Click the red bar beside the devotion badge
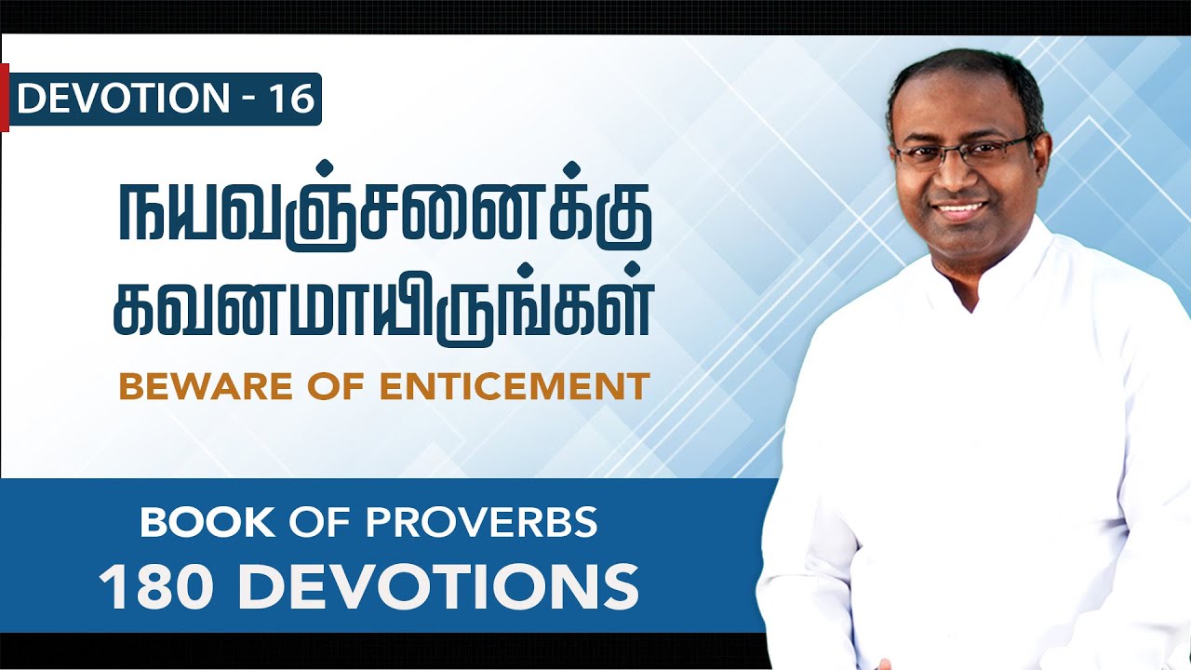tap(4, 98)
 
